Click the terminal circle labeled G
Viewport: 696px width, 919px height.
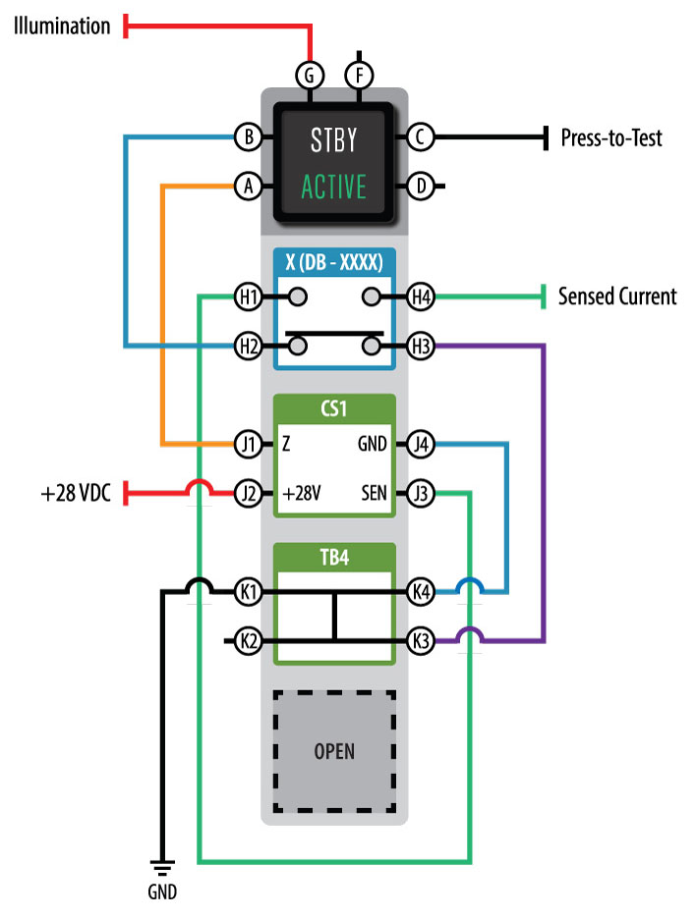point(310,74)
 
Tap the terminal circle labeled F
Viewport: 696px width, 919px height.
point(360,74)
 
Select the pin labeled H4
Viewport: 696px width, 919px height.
point(420,296)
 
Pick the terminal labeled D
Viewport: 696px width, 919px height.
point(420,185)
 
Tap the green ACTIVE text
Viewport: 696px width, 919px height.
point(333,186)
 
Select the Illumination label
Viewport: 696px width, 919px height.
point(61,27)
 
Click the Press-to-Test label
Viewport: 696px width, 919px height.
point(610,137)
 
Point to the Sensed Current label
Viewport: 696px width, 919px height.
point(616,296)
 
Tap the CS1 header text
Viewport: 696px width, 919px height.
point(333,407)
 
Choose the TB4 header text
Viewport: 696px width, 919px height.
point(333,557)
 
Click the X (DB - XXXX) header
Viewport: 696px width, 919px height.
point(333,261)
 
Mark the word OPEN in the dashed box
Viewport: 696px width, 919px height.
point(333,752)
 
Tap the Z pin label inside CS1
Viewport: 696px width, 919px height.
point(286,444)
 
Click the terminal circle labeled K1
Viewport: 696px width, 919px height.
point(249,592)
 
